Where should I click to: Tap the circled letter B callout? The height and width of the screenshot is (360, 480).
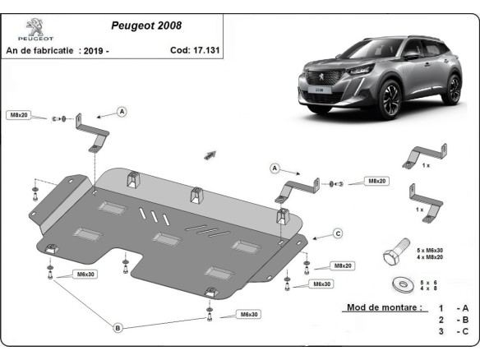(x=118, y=328)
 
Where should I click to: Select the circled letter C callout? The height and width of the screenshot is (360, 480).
(x=337, y=233)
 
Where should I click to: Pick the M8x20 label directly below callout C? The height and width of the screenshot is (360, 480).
(x=342, y=266)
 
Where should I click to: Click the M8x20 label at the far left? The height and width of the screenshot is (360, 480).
(x=19, y=115)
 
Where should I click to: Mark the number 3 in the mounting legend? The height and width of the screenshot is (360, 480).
(x=441, y=332)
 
